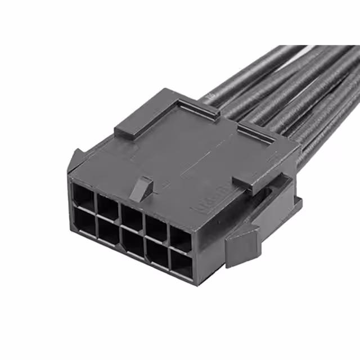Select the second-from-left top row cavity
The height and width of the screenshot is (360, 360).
106,205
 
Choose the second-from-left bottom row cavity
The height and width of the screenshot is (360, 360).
107,231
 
